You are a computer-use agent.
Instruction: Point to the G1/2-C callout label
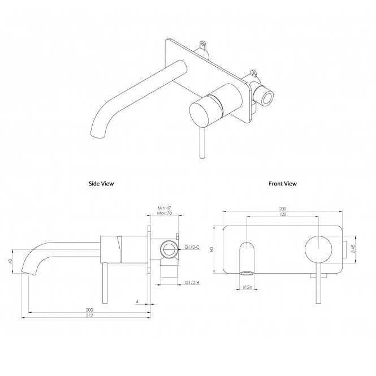coord(193,248)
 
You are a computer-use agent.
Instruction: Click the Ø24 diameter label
coord(247,287)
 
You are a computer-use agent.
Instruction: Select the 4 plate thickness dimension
coord(137,301)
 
